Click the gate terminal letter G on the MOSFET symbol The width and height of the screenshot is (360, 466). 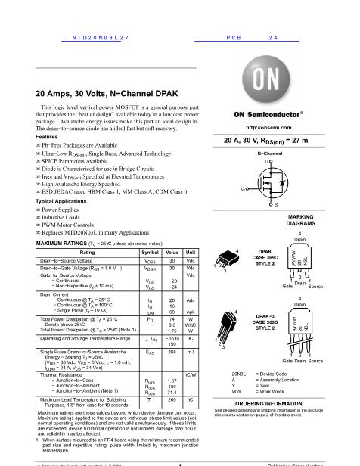243,188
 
